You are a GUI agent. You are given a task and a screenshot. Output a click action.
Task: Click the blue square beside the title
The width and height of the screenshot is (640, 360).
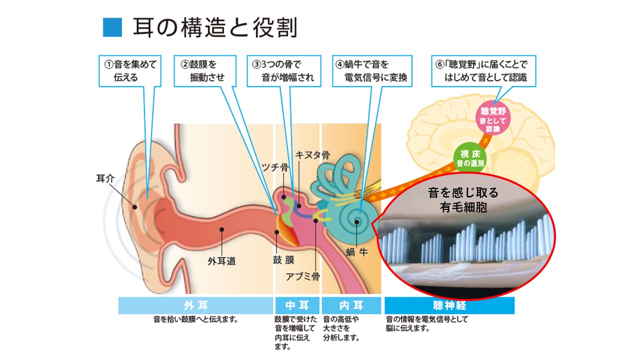pyautogui.click(x=112, y=27)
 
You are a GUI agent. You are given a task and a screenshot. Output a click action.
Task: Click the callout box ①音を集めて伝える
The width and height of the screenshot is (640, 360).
pyautogui.click(x=130, y=71)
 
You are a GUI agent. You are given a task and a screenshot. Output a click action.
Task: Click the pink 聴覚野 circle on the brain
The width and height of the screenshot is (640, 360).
pyautogui.click(x=492, y=119)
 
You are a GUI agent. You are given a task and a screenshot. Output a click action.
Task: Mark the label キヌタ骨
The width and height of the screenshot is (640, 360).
pyautogui.click(x=313, y=155)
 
